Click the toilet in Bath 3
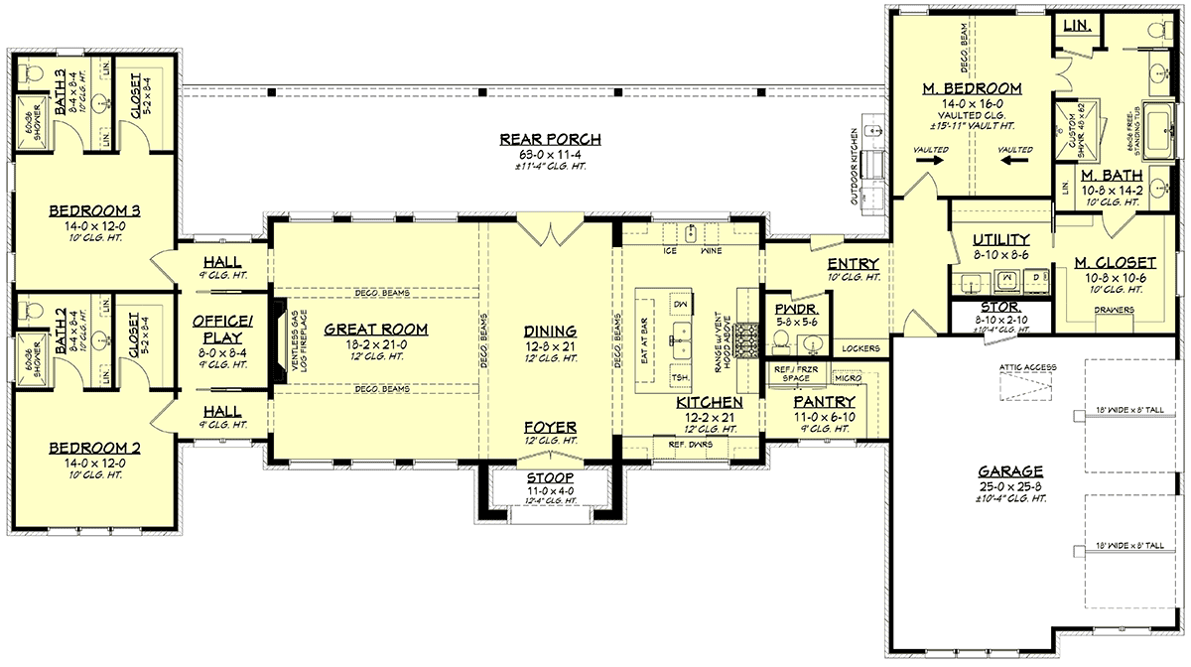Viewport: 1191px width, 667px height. (30, 72)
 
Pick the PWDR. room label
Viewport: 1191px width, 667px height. (790, 309)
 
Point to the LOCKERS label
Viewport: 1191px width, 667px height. (860, 348)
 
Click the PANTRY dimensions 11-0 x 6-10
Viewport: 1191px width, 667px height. (825, 416)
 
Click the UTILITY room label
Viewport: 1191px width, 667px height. (1000, 240)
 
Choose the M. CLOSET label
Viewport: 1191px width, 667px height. (1115, 263)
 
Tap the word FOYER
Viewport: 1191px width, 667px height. (550, 428)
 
